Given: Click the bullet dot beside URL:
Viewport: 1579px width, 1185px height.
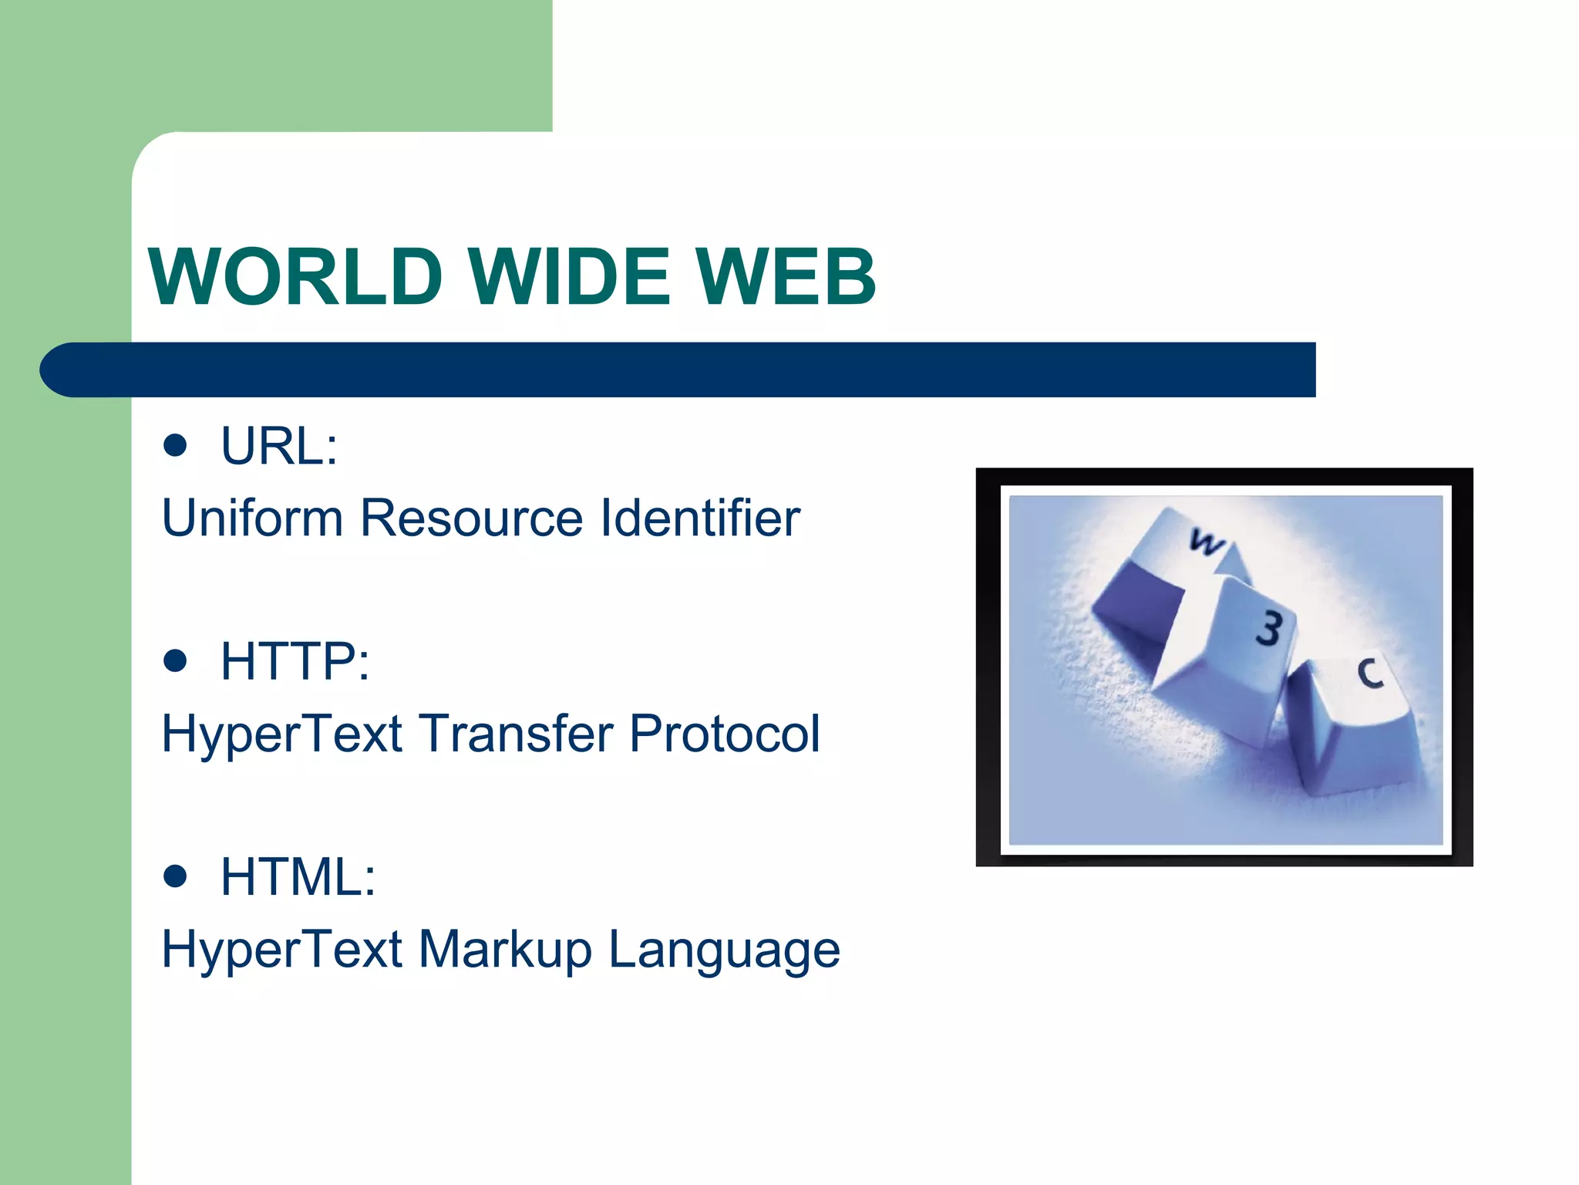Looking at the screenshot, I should (x=176, y=445).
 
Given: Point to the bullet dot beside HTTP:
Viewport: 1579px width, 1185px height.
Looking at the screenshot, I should (x=176, y=660).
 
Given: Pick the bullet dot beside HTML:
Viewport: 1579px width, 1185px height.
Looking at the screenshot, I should (x=176, y=876).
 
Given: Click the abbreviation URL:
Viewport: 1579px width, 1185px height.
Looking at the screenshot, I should (x=279, y=446).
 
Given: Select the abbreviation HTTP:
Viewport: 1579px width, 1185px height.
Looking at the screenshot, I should (x=295, y=661).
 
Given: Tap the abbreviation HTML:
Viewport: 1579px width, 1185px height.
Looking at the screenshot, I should (x=298, y=876).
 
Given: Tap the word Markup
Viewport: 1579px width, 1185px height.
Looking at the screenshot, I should (x=505, y=950).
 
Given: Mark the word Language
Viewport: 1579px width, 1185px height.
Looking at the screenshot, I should (x=725, y=950).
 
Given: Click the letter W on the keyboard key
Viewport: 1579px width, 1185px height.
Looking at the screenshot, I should (x=1205, y=542).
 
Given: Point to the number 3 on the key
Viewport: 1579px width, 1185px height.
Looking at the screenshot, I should (x=1269, y=629).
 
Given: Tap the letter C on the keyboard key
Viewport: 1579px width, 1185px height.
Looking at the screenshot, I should (x=1370, y=674).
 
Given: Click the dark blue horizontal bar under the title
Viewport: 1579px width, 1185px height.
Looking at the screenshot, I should (x=678, y=370).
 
